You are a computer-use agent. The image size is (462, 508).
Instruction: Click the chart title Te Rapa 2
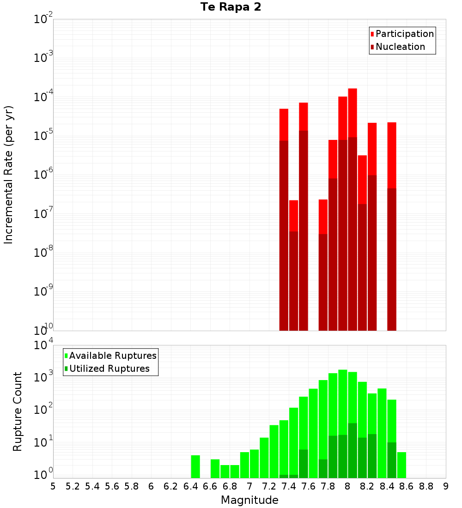[231, 7]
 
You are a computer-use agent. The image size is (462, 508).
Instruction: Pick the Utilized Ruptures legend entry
[109, 369]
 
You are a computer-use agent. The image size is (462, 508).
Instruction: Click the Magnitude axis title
[249, 500]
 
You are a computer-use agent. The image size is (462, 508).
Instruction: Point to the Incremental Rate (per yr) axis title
[9, 175]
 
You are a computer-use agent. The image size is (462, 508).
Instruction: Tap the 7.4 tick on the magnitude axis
[289, 486]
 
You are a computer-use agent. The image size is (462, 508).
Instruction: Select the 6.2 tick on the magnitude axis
[171, 486]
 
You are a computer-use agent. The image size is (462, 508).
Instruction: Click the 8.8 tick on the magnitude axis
[426, 486]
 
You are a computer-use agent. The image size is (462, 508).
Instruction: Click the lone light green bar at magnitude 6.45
[195, 466]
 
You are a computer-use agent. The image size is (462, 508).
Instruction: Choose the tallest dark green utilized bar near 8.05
[353, 450]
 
